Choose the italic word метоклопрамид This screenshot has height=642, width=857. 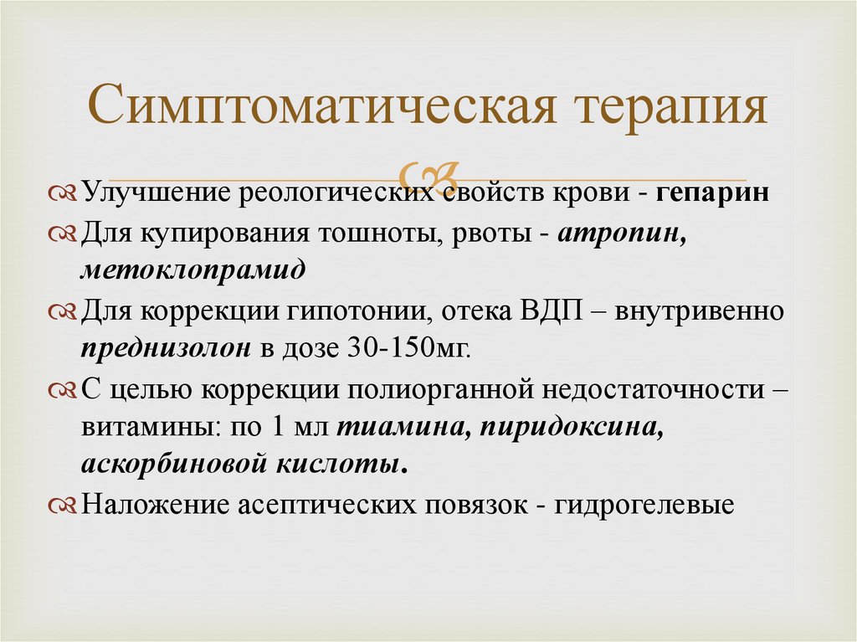[193, 270]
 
